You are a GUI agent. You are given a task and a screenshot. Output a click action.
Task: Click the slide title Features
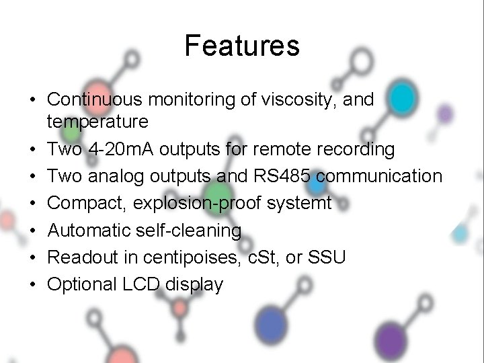point(241,46)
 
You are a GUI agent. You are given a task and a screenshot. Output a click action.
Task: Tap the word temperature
point(97,122)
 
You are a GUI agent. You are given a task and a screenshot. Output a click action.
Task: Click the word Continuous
point(95,100)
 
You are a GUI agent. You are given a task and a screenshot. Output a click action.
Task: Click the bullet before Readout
point(32,258)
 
